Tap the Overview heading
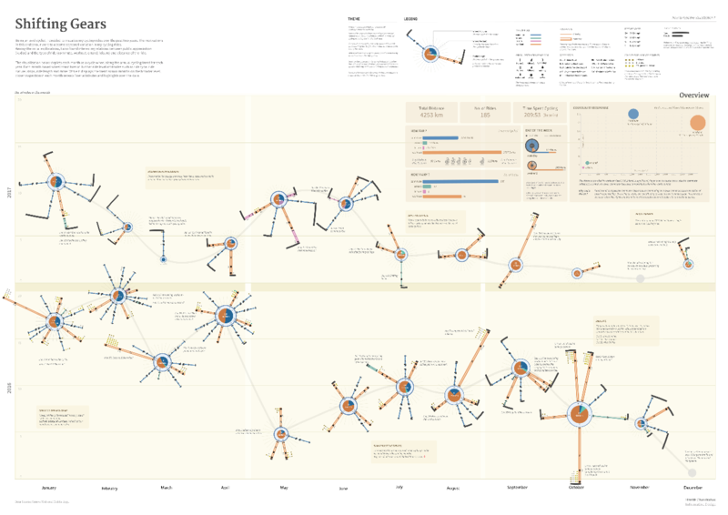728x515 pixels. pos(694,95)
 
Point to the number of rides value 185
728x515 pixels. pos(485,116)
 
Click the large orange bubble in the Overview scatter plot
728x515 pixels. pos(698,124)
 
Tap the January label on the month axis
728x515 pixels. pos(49,488)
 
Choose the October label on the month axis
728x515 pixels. pos(575,488)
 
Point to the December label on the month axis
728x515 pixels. pos(693,488)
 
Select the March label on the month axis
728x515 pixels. pos(167,488)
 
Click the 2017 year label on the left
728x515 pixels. pos(10,193)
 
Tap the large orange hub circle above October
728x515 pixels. pos(578,415)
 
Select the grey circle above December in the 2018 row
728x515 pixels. pos(693,471)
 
